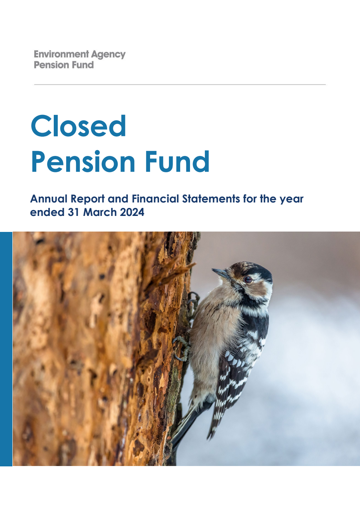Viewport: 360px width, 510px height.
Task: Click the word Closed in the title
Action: click(x=78, y=126)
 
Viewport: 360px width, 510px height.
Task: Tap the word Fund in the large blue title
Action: click(x=177, y=161)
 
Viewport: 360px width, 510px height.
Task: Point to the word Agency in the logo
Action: click(x=108, y=55)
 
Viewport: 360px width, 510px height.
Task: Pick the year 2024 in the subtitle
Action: click(x=132, y=212)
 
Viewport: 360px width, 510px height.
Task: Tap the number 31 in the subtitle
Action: click(x=74, y=212)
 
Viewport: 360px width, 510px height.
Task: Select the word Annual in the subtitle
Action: click(x=49, y=199)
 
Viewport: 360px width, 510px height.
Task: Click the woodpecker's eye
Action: click(x=248, y=280)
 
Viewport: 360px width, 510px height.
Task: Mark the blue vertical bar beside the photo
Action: click(x=6, y=349)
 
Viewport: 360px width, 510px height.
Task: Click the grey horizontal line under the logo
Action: click(x=180, y=84)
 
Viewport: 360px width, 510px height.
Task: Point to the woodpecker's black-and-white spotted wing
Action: click(x=236, y=367)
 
